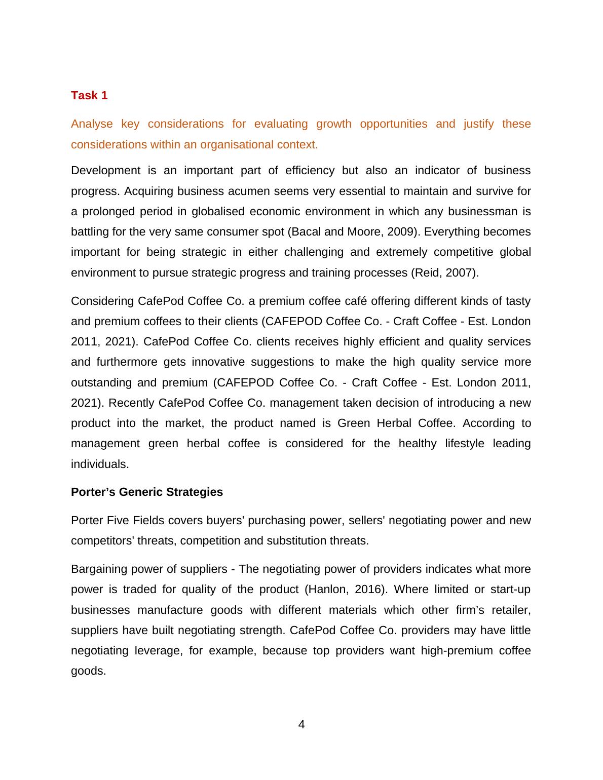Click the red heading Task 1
[89, 96]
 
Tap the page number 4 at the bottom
[301, 725]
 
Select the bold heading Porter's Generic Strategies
[147, 492]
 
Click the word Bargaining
[98, 569]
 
